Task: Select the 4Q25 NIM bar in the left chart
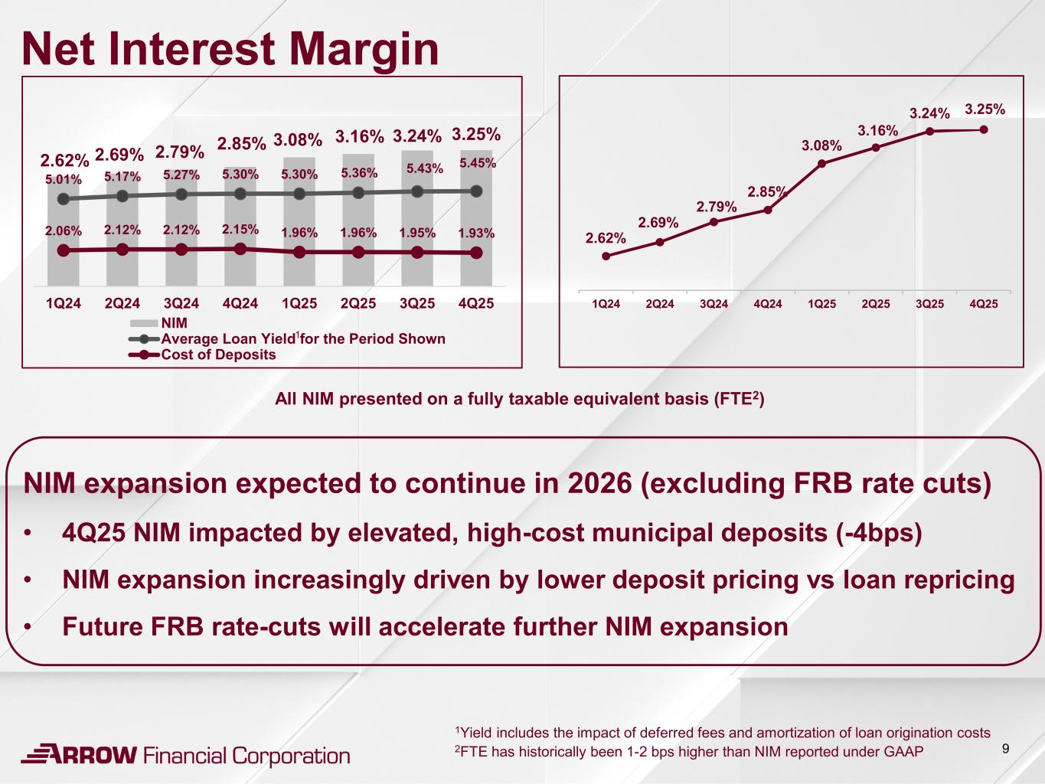(475, 222)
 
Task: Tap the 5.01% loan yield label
(63, 180)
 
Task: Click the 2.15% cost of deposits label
(240, 229)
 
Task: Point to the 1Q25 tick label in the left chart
(299, 303)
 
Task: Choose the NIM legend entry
(174, 323)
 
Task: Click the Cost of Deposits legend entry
(218, 354)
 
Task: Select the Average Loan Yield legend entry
(302, 338)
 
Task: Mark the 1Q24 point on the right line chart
(606, 256)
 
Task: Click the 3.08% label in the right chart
(821, 145)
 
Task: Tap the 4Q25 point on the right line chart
(984, 129)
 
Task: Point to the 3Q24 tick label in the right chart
(714, 304)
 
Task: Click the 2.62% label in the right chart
(606, 238)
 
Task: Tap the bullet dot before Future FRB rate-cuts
(28, 628)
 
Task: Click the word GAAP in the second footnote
(904, 751)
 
